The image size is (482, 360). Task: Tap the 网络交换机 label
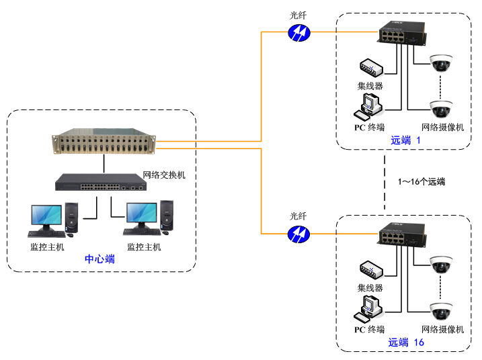tap(164, 175)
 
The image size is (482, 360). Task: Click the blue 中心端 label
tap(99, 259)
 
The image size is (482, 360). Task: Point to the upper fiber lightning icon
tap(298, 32)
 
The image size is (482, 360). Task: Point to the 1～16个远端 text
tap(421, 181)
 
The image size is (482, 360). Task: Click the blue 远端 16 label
tap(406, 343)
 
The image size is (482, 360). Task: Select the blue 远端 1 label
tap(405, 140)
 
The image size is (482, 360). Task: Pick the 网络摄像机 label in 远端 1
tap(442, 128)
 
